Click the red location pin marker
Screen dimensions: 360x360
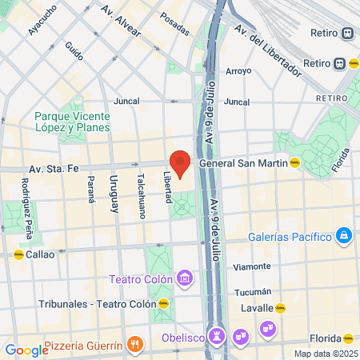point(181,163)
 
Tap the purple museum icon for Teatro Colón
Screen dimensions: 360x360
point(186,278)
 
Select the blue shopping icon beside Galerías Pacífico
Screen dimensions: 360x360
point(344,235)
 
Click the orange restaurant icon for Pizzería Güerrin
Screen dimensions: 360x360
point(135,345)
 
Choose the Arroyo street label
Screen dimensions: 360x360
point(238,70)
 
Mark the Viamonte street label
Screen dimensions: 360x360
point(252,266)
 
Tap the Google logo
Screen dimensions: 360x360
point(26,350)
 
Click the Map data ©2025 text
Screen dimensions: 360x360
point(324,354)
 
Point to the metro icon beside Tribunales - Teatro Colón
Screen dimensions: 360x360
point(164,304)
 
